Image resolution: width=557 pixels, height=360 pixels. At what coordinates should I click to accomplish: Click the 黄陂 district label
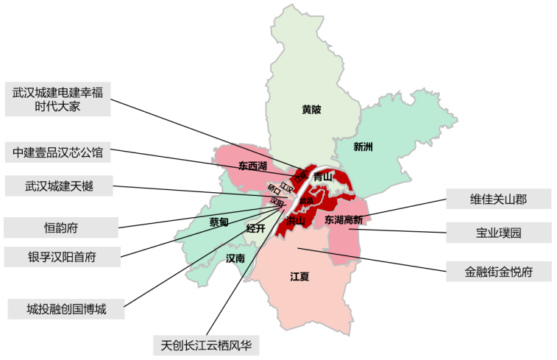(x=311, y=110)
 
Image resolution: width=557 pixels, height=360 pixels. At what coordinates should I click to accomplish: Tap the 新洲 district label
(x=363, y=147)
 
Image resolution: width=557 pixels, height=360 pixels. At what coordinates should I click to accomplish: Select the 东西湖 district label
(x=253, y=164)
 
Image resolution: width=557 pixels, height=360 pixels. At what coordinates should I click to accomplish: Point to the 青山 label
(x=322, y=177)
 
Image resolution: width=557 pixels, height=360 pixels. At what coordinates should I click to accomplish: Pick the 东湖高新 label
(x=344, y=219)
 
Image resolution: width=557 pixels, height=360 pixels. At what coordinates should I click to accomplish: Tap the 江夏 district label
(x=299, y=277)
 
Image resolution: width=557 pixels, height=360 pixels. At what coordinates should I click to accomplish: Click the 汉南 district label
(x=235, y=258)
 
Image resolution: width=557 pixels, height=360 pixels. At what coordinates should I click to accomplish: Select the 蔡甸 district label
(x=219, y=222)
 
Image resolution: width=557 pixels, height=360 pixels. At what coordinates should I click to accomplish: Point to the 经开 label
(x=255, y=228)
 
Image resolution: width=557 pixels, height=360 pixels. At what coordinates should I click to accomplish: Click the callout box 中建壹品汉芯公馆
(x=58, y=153)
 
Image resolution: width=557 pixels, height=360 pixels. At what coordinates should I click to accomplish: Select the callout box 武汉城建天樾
(x=58, y=186)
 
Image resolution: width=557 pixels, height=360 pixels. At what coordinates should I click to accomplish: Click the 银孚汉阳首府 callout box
(x=60, y=257)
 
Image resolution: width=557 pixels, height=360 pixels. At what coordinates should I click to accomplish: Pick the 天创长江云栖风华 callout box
(x=205, y=344)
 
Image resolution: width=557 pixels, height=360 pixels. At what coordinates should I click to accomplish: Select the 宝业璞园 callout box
(x=498, y=233)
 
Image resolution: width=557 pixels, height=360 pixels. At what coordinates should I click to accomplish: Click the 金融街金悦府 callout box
(x=498, y=272)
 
